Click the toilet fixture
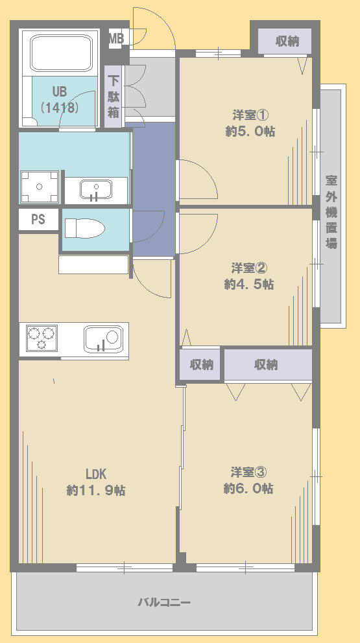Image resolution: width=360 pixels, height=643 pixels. (85, 228)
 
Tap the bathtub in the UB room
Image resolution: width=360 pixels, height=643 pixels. (61, 53)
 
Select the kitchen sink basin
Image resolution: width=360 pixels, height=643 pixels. (103, 339)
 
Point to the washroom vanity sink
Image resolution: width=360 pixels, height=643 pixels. (95, 189)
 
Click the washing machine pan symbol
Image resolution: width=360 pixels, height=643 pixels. (40, 187)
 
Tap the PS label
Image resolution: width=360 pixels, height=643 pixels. (38, 219)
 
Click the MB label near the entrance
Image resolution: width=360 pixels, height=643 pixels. (115, 38)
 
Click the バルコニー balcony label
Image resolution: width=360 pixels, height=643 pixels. (164, 602)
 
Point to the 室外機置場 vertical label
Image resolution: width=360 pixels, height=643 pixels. (331, 211)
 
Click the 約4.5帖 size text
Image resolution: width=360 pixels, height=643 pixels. (249, 284)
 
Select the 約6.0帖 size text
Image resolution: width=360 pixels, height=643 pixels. (248, 488)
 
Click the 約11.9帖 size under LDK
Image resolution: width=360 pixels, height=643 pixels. (96, 490)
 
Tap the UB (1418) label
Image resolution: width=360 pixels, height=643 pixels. (59, 99)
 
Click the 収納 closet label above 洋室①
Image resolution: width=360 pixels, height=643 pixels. (287, 41)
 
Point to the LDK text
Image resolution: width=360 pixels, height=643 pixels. (96, 474)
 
